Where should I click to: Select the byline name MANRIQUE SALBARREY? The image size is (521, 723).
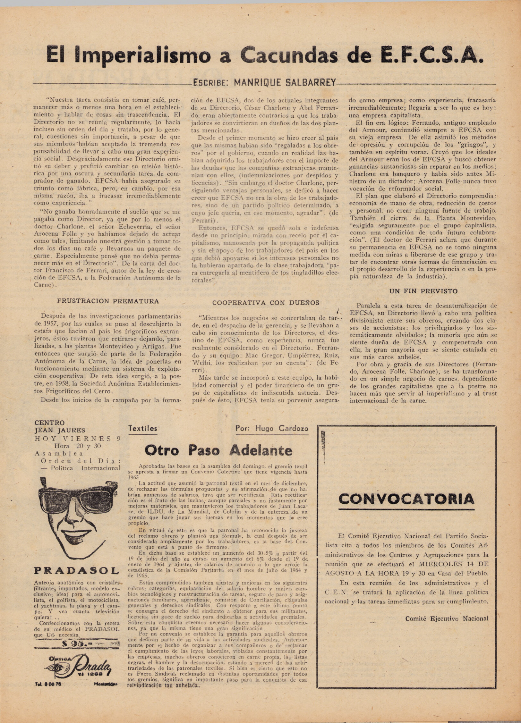pos(285,83)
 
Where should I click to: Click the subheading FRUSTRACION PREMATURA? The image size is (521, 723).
pos(108,301)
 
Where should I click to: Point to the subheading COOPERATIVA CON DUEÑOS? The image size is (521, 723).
pos(266,302)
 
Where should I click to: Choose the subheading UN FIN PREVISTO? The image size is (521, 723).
pos(423,291)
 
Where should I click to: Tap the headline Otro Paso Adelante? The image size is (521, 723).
pos(218,450)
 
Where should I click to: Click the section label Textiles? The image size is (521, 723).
pos(143,428)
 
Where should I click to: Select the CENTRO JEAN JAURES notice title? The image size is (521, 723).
pos(60,426)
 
